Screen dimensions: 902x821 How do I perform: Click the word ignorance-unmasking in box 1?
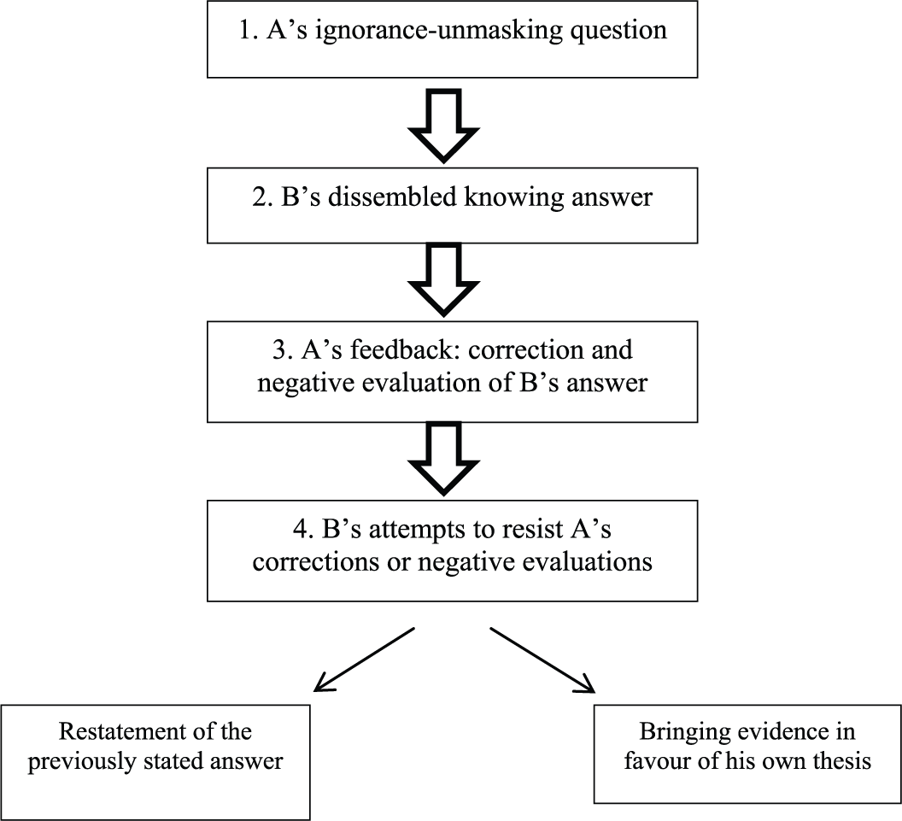point(439,31)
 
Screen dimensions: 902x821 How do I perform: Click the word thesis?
point(841,760)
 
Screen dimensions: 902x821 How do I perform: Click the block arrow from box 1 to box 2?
point(443,125)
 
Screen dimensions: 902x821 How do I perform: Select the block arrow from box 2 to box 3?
point(443,279)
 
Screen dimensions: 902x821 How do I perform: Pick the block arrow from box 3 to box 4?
point(443,459)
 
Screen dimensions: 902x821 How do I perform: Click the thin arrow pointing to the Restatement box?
point(364,660)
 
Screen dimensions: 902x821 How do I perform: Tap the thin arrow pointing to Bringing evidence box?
point(542,660)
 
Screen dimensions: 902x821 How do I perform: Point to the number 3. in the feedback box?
point(283,349)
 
